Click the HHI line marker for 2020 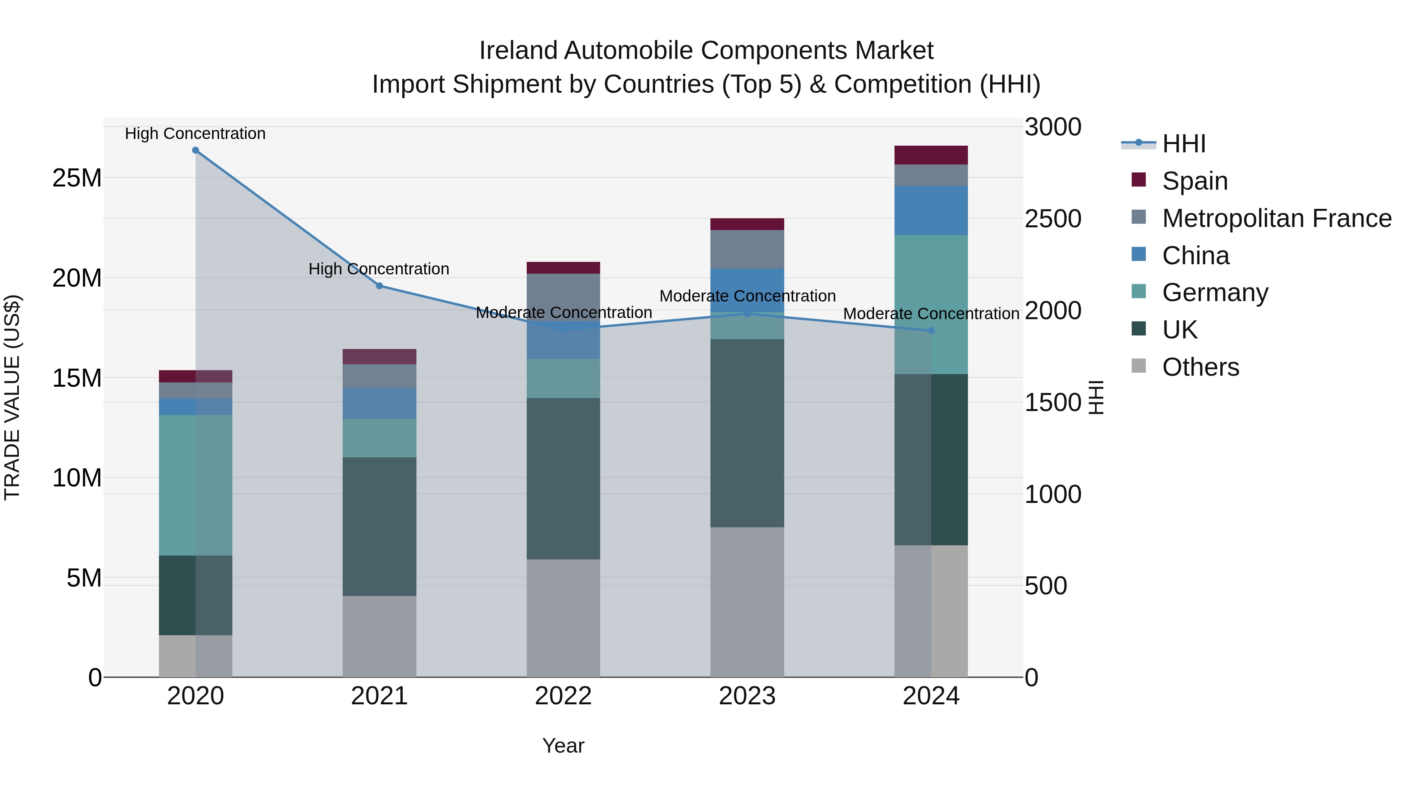tap(195, 150)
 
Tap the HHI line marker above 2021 tap(379, 286)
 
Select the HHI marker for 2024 tap(931, 331)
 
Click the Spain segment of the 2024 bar tap(931, 155)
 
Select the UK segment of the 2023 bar tap(747, 433)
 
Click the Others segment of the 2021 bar tap(379, 636)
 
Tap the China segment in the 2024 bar tap(931, 211)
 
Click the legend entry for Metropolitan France tap(1276, 218)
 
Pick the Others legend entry tap(1200, 367)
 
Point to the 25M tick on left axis tap(77, 178)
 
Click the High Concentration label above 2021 tap(379, 269)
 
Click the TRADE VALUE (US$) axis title tap(13, 397)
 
